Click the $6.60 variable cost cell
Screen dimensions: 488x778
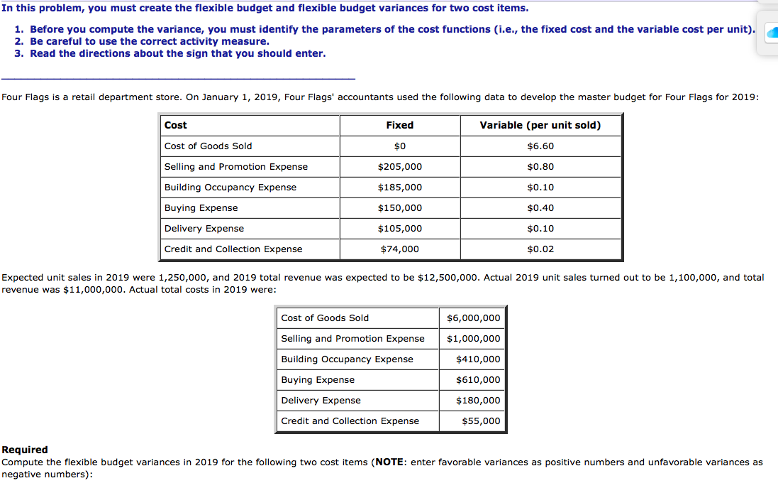(540, 146)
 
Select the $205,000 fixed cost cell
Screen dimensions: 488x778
(399, 167)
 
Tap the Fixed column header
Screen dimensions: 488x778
(399, 125)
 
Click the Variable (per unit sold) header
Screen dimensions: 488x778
(540, 125)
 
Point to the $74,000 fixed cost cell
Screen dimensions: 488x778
(399, 249)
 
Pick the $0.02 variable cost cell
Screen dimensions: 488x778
(540, 249)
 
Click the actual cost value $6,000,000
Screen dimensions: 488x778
(473, 318)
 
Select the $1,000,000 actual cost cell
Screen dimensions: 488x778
(473, 339)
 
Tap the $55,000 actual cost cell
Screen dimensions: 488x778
(481, 421)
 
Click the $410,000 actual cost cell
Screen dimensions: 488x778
(478, 359)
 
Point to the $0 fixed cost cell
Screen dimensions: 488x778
(399, 146)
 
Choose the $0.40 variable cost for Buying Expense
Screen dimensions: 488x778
(540, 208)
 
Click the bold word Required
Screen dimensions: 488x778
(25, 450)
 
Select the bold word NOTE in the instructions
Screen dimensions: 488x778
(389, 462)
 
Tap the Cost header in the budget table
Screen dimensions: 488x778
(176, 125)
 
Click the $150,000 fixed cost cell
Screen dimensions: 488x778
(399, 208)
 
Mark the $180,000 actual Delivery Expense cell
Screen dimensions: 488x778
(478, 401)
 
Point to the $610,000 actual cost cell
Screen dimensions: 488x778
(478, 380)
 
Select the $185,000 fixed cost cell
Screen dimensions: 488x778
(399, 188)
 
